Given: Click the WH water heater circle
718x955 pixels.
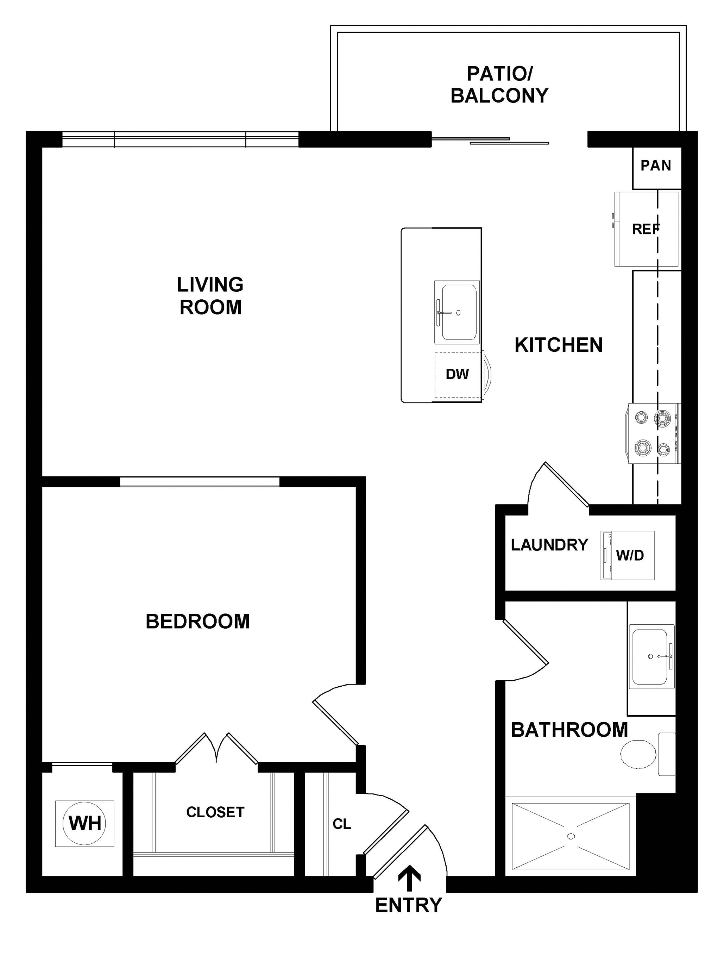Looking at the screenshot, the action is tap(84, 823).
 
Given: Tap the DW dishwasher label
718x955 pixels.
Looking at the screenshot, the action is tap(457, 374).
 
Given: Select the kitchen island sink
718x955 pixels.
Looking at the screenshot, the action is tap(457, 312).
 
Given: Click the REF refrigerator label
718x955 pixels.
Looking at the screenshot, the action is tap(646, 229).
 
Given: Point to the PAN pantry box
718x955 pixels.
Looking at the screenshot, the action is tap(657, 168).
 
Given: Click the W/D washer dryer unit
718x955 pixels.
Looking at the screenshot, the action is tap(628, 555).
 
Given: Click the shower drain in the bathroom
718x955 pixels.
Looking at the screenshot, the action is tap(571, 836).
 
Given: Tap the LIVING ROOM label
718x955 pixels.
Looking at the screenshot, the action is tap(210, 296).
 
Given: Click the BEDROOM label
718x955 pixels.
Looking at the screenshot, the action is tap(197, 621).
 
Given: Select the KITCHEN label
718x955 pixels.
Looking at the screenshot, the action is tap(558, 345).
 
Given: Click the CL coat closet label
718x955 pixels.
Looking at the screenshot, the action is tap(342, 824).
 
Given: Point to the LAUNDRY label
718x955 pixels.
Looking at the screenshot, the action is tap(549, 545).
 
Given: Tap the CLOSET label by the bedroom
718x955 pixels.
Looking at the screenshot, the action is tap(215, 812).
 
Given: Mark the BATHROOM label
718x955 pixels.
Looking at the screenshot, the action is tap(569, 730).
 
